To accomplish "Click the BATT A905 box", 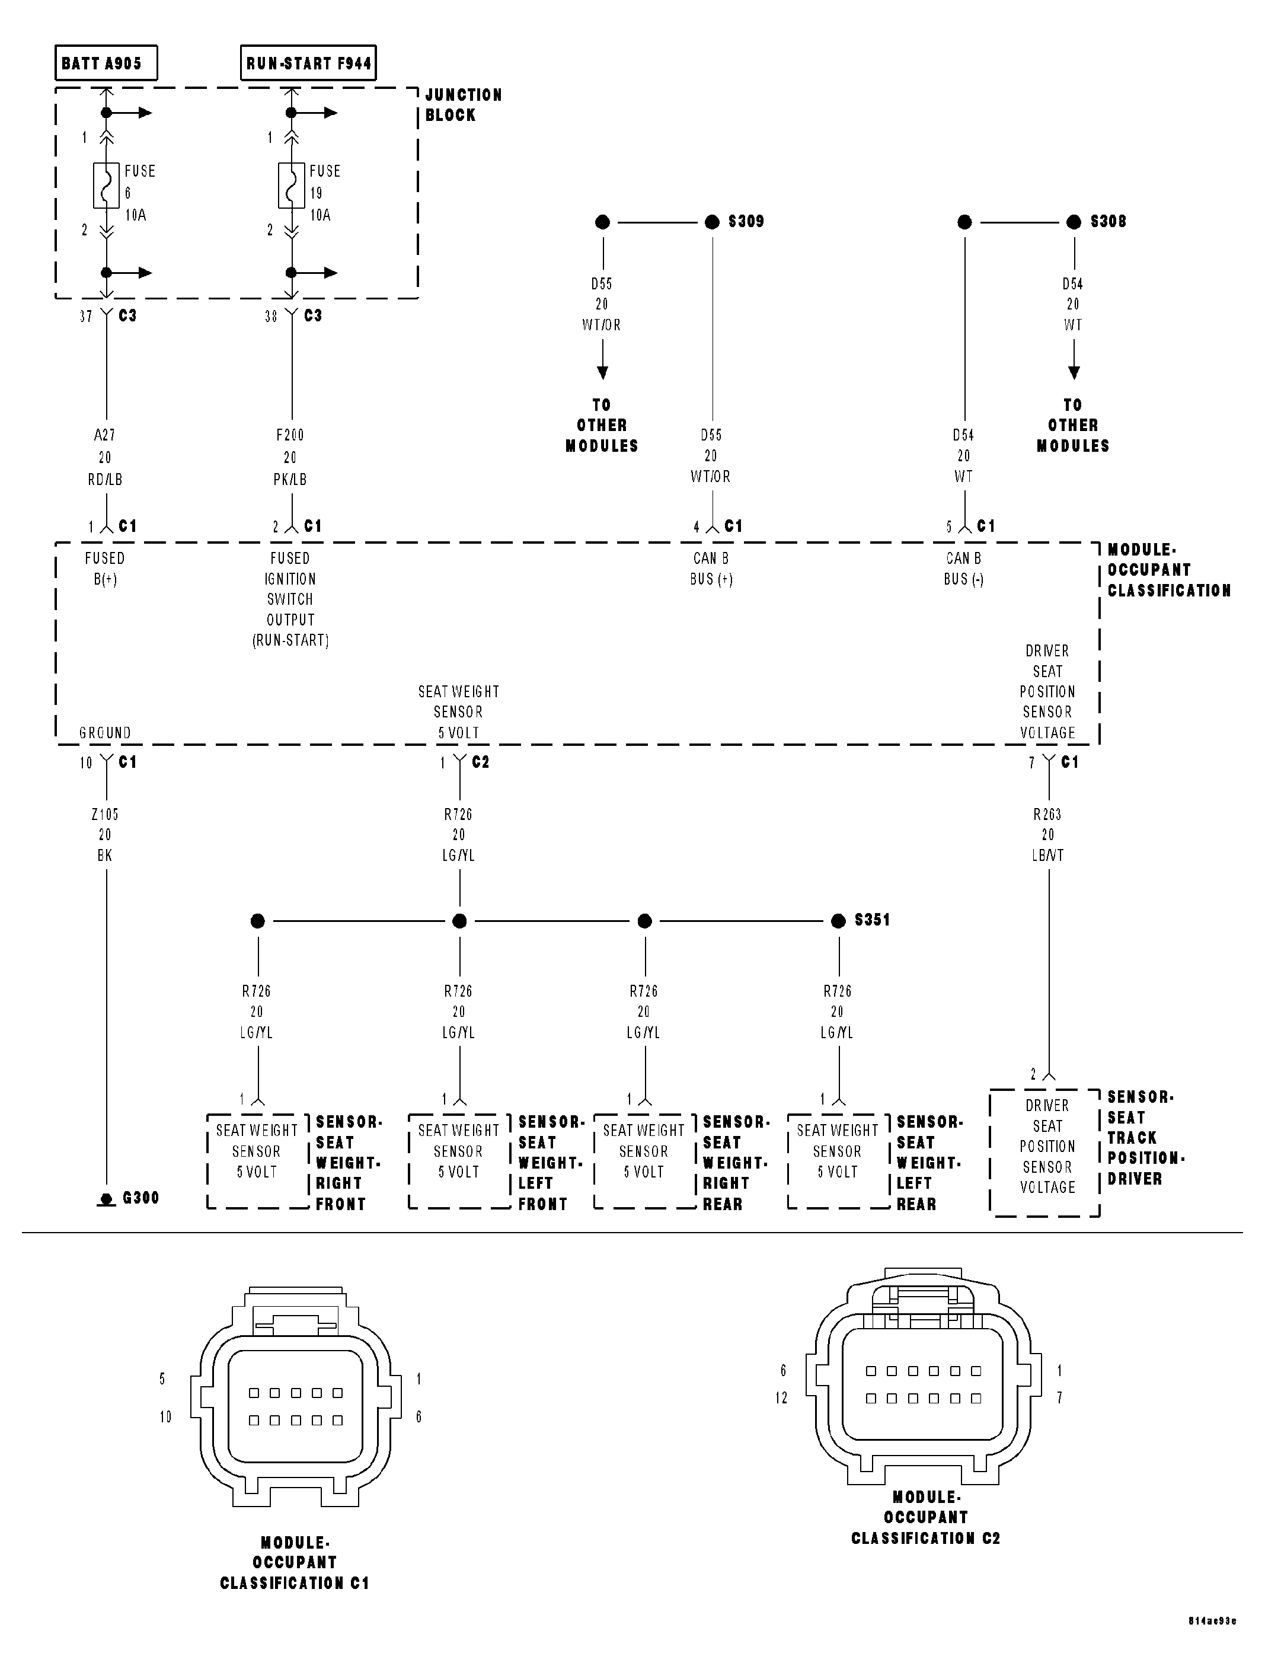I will coord(106,63).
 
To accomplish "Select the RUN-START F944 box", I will coord(308,63).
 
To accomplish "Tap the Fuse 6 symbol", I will coord(106,186).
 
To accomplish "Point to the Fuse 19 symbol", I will coord(292,186).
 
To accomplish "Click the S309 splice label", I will coord(746,222).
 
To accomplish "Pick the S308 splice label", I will coord(1108,222).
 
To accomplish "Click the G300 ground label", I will coord(140,1198).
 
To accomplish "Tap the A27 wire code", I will coord(105,435).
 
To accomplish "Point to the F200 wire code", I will coord(290,435).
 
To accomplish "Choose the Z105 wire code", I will coord(105,815).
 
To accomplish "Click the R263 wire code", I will coord(1047,815).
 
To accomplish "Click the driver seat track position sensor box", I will coord(1046,1152).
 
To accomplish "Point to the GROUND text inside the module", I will coord(105,733).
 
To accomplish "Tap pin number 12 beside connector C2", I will coord(781,1398).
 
